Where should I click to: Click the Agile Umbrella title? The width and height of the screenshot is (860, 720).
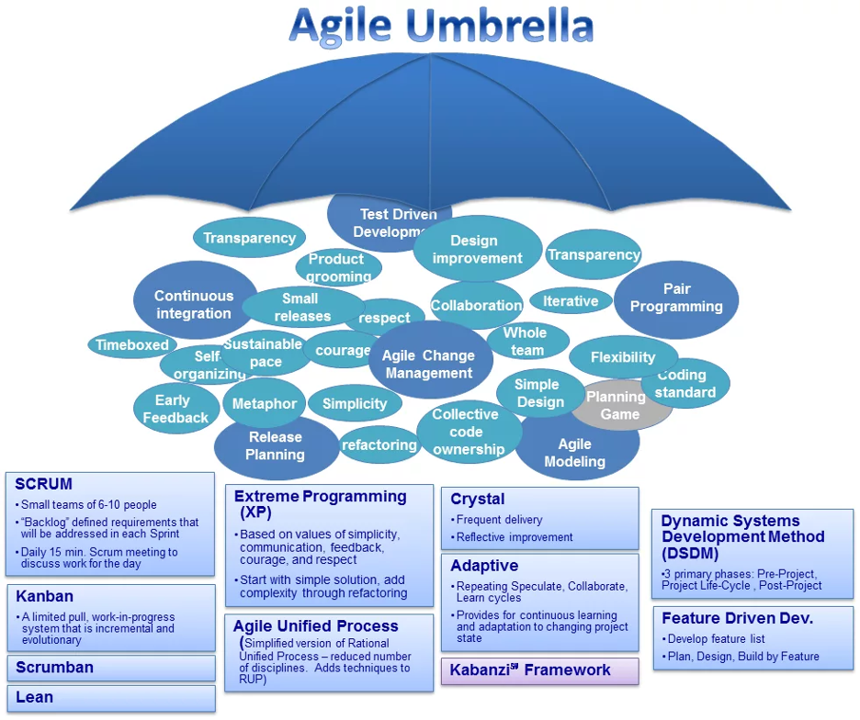pos(441,27)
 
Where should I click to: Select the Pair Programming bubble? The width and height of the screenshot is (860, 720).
pos(676,298)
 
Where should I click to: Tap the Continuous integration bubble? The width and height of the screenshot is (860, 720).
pos(194,303)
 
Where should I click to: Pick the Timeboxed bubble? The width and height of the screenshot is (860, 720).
pos(131,345)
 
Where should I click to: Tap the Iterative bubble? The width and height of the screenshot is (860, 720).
pos(571,301)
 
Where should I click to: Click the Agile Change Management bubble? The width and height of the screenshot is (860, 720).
pos(429,364)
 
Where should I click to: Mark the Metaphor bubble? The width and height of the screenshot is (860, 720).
pos(264,404)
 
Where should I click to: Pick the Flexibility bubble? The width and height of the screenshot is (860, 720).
pos(623,357)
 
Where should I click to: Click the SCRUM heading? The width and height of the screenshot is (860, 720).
pos(44,484)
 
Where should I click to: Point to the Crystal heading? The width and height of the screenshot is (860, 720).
pos(477,499)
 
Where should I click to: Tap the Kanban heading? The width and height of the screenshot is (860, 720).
pos(45,596)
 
